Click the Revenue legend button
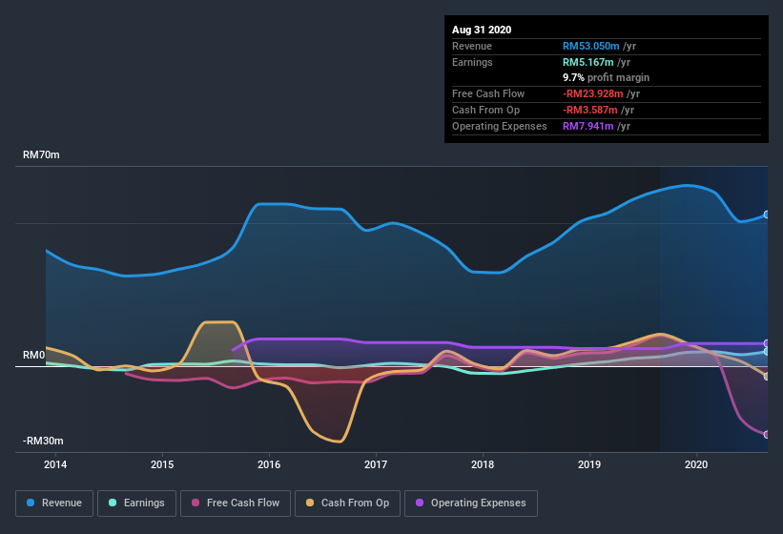click(54, 503)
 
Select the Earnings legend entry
click(136, 503)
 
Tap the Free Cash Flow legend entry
click(236, 503)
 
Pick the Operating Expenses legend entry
click(470, 503)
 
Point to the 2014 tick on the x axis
click(55, 464)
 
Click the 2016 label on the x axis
click(269, 464)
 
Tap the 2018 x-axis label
click(483, 464)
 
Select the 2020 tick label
click(696, 464)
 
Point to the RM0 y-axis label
click(33, 356)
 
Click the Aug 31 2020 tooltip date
click(482, 30)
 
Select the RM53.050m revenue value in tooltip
click(597, 46)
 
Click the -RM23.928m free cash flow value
click(599, 93)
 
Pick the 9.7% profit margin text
click(606, 77)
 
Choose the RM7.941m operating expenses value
click(593, 126)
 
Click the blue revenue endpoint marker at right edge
click(766, 215)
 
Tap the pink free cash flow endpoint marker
click(766, 435)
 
